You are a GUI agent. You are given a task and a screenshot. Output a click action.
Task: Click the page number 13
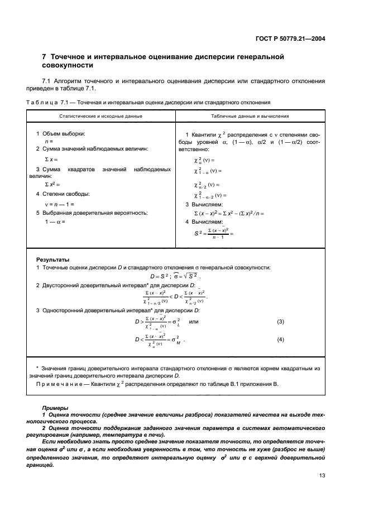pos(322,475)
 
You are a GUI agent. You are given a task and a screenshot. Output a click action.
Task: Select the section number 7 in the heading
pos(45,57)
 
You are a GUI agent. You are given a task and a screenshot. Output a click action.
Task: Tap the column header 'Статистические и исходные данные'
pos(101,116)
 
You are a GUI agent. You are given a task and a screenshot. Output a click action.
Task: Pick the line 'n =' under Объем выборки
pos(49,142)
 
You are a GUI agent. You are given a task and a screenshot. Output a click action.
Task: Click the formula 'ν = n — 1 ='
pos(60,204)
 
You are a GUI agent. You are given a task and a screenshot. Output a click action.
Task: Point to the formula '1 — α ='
pos(55,221)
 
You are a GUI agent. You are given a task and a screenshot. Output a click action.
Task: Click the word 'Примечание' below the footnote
pos(57,384)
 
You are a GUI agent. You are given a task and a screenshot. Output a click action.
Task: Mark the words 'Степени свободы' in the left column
pos(66,194)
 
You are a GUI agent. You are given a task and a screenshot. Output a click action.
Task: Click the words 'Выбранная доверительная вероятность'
pos(92,212)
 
